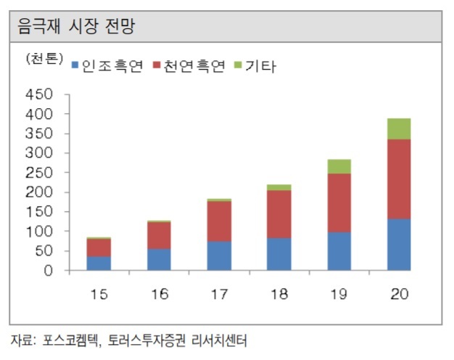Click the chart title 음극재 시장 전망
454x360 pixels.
76,26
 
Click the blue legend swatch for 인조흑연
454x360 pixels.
75,65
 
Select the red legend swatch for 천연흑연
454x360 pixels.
157,65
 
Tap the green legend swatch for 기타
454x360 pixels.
238,65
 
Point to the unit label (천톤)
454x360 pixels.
44,59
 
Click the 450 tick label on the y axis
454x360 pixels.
39,94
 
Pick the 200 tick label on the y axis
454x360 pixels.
39,192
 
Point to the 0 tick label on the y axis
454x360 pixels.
49,271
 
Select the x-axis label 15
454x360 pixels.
99,294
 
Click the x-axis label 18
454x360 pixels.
279,294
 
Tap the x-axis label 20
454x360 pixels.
400,294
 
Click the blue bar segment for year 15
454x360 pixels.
99,263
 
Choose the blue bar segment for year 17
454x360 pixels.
219,256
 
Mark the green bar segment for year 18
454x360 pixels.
279,187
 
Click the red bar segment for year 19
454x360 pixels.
339,203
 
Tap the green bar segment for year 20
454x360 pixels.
399,129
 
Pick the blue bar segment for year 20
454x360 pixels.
399,245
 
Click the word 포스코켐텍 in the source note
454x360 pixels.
70,340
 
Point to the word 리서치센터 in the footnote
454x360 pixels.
219,340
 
